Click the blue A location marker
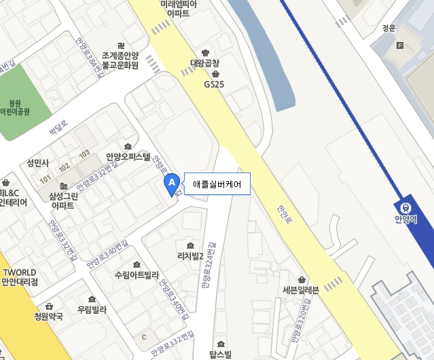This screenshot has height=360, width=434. click(172, 183)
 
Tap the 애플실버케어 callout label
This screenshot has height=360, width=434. click(217, 183)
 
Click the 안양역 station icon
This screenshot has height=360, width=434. click(405, 208)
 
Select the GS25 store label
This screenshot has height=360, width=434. click(214, 85)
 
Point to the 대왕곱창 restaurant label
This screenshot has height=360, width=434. click(205, 63)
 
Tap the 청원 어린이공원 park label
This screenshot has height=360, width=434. click(15, 107)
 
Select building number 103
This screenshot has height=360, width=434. click(84, 153)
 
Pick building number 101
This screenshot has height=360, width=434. click(46, 179)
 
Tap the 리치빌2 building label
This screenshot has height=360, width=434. click(190, 255)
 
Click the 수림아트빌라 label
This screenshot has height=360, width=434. click(137, 275)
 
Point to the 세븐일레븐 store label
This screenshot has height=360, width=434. click(301, 289)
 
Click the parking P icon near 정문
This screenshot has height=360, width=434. click(399, 46)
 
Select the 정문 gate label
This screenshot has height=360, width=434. click(388, 29)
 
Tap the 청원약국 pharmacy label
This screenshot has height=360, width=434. click(49, 316)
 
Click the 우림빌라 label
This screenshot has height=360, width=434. click(92, 309)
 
